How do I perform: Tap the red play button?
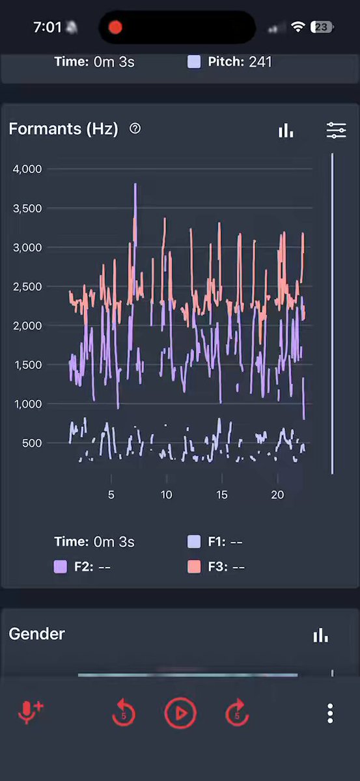[x=180, y=713]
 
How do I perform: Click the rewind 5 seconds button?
[x=124, y=713]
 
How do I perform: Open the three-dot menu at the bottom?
[x=330, y=713]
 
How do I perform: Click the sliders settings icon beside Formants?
[x=337, y=130]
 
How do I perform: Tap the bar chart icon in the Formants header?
[x=286, y=130]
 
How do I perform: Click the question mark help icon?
[x=135, y=129]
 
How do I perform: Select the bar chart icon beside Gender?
[x=320, y=635]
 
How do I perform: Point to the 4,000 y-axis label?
[x=27, y=169]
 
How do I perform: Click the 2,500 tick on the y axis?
[x=27, y=286]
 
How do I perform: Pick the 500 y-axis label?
[x=32, y=443]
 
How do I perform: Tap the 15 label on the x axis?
[x=222, y=495]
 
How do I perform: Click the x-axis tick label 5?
[x=111, y=495]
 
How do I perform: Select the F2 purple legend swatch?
[x=60, y=567]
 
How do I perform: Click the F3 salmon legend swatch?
[x=194, y=567]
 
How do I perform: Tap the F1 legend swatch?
[x=194, y=541]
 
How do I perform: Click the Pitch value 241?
[x=260, y=62]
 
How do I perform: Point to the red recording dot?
[x=115, y=27]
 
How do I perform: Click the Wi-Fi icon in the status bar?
[x=298, y=27]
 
